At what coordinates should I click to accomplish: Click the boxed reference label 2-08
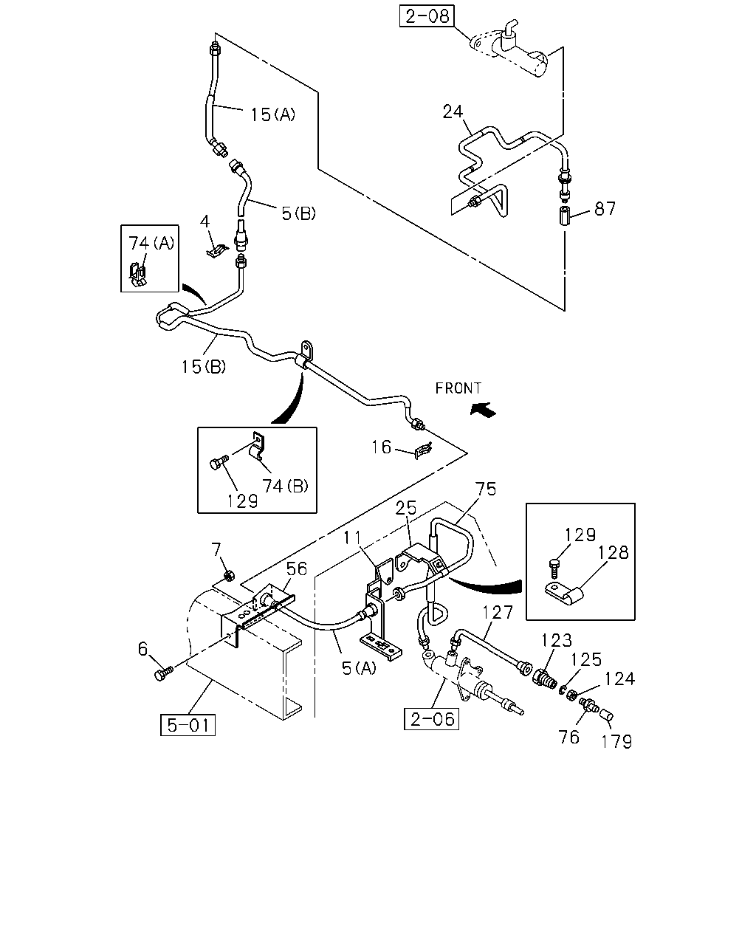click(x=426, y=16)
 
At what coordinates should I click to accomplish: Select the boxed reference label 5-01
click(x=188, y=724)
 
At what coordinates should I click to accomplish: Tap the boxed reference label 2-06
click(x=431, y=719)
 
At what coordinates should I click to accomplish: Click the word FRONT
click(x=458, y=388)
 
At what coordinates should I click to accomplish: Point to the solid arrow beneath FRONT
click(x=484, y=410)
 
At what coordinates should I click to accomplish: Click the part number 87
click(x=605, y=209)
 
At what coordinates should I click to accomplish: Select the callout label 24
click(x=453, y=111)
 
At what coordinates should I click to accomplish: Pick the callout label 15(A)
click(x=272, y=114)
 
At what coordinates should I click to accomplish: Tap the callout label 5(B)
click(x=299, y=213)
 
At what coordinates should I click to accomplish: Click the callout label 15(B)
click(x=204, y=366)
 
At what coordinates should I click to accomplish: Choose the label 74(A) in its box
click(x=151, y=243)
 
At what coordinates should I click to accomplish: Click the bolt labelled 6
click(x=164, y=674)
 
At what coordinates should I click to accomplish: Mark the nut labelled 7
click(x=228, y=575)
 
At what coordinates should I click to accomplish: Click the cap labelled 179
click(x=607, y=716)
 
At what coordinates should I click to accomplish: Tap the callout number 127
click(x=498, y=613)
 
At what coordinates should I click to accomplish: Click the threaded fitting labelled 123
click(x=545, y=680)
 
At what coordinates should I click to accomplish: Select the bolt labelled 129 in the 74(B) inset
click(x=219, y=462)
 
